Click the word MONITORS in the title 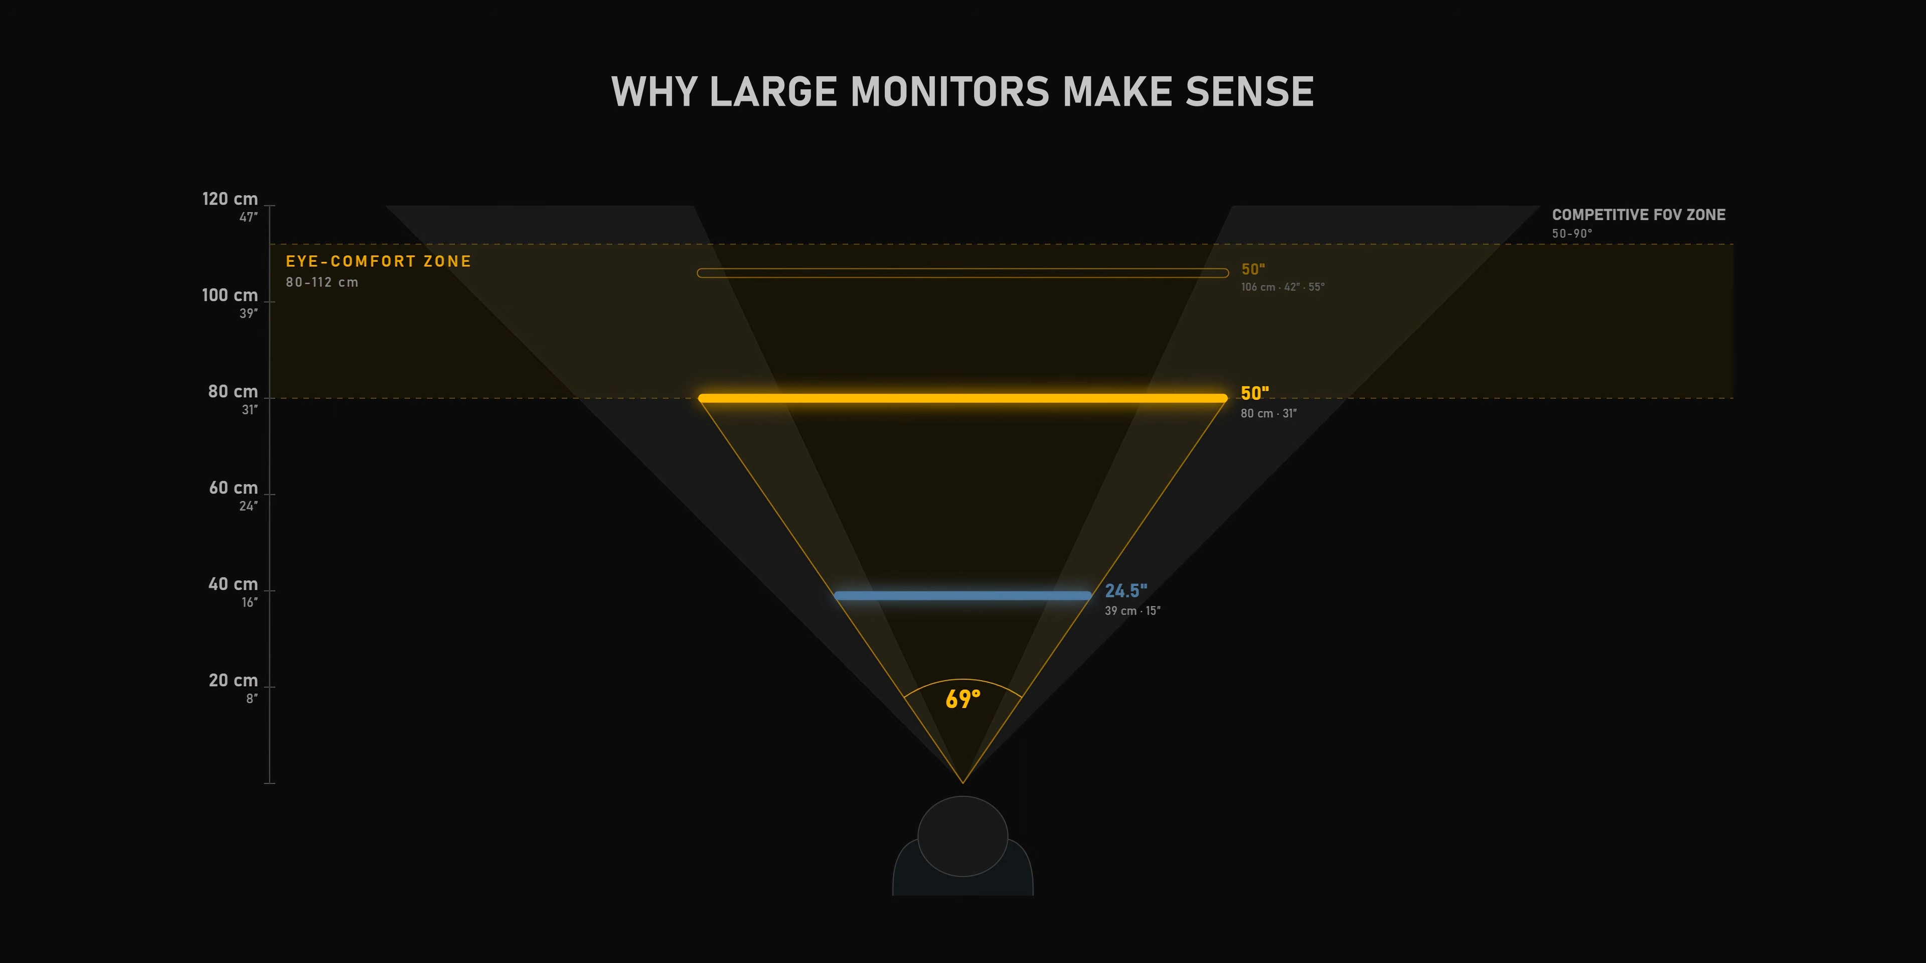(949, 92)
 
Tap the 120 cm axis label (230, 199)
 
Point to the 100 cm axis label (230, 295)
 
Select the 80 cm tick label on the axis (233, 392)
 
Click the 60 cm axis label (233, 488)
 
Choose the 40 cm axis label (233, 584)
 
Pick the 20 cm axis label (233, 681)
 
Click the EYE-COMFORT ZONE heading (378, 261)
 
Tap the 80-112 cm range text (322, 282)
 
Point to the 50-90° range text (1571, 233)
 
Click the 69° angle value (962, 699)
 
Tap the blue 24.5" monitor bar (962, 596)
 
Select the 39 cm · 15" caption (1133, 611)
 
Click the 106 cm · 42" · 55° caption (1283, 287)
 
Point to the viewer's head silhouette (962, 836)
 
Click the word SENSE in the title (1249, 92)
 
